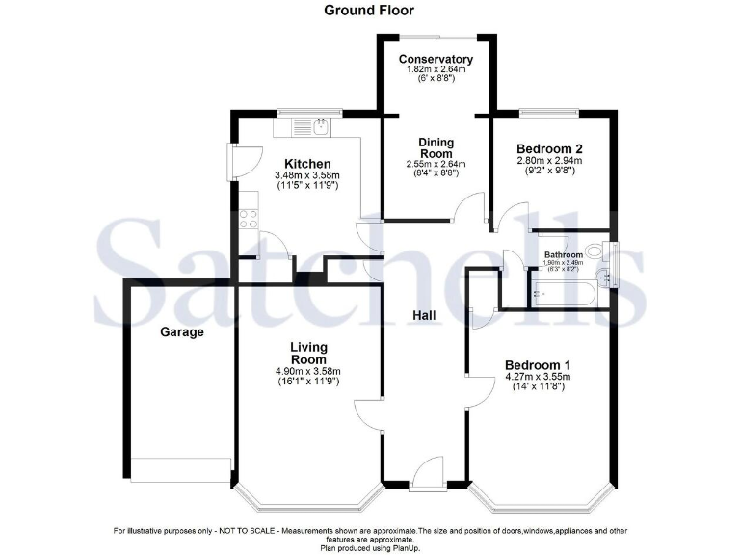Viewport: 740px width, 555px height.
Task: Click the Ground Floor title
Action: coord(369,11)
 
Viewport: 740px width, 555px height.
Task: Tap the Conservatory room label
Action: coord(436,60)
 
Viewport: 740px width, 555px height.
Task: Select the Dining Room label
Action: coord(436,148)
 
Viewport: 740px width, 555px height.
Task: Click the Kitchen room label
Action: coord(307,164)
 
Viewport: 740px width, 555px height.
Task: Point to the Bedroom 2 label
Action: coord(550,148)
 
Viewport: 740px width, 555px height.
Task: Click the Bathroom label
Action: coord(563,255)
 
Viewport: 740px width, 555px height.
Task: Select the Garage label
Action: coord(182,331)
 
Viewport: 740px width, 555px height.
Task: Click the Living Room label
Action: coord(309,353)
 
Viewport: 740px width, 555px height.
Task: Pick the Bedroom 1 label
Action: coord(538,364)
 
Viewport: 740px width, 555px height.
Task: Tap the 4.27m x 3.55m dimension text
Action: coord(538,378)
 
